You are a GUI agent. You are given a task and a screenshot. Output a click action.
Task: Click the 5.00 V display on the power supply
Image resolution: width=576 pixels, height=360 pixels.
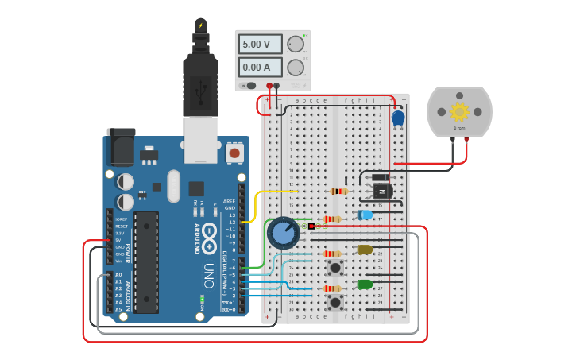click(261, 44)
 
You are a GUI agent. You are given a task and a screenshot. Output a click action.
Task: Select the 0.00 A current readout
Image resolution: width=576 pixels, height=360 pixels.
click(261, 68)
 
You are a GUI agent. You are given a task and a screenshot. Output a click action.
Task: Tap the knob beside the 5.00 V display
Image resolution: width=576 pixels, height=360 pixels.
click(296, 44)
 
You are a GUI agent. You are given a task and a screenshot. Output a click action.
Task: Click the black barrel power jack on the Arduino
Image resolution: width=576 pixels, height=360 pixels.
click(120, 147)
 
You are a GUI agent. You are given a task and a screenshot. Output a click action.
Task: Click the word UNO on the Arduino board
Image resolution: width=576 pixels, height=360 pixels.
click(208, 275)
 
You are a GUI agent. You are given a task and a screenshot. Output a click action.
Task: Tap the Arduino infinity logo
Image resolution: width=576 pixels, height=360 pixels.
click(209, 235)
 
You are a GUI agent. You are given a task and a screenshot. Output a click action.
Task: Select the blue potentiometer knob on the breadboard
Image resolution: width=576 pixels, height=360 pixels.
click(283, 233)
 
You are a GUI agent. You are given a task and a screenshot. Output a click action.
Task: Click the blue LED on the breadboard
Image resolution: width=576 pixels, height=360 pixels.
click(365, 215)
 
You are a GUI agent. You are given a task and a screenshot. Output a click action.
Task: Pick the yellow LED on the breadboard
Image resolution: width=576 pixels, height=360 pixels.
click(365, 250)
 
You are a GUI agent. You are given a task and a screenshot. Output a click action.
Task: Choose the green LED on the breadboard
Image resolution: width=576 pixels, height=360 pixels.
click(365, 285)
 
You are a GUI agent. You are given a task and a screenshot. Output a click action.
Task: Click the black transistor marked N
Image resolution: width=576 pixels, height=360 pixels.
click(382, 192)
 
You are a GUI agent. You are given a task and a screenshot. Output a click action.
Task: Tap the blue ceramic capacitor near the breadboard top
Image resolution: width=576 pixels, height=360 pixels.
click(398, 118)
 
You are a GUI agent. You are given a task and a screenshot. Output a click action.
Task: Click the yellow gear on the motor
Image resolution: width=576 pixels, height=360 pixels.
click(459, 111)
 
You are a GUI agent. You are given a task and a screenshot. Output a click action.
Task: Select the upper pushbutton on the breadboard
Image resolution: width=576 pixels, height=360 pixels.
click(335, 267)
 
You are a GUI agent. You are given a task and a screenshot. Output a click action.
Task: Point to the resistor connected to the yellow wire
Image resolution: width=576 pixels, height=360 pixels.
click(338, 191)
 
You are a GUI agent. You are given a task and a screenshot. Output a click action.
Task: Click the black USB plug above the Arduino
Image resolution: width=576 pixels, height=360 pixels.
click(200, 83)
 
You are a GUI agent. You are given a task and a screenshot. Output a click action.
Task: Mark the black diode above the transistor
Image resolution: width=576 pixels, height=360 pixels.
click(381, 177)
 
